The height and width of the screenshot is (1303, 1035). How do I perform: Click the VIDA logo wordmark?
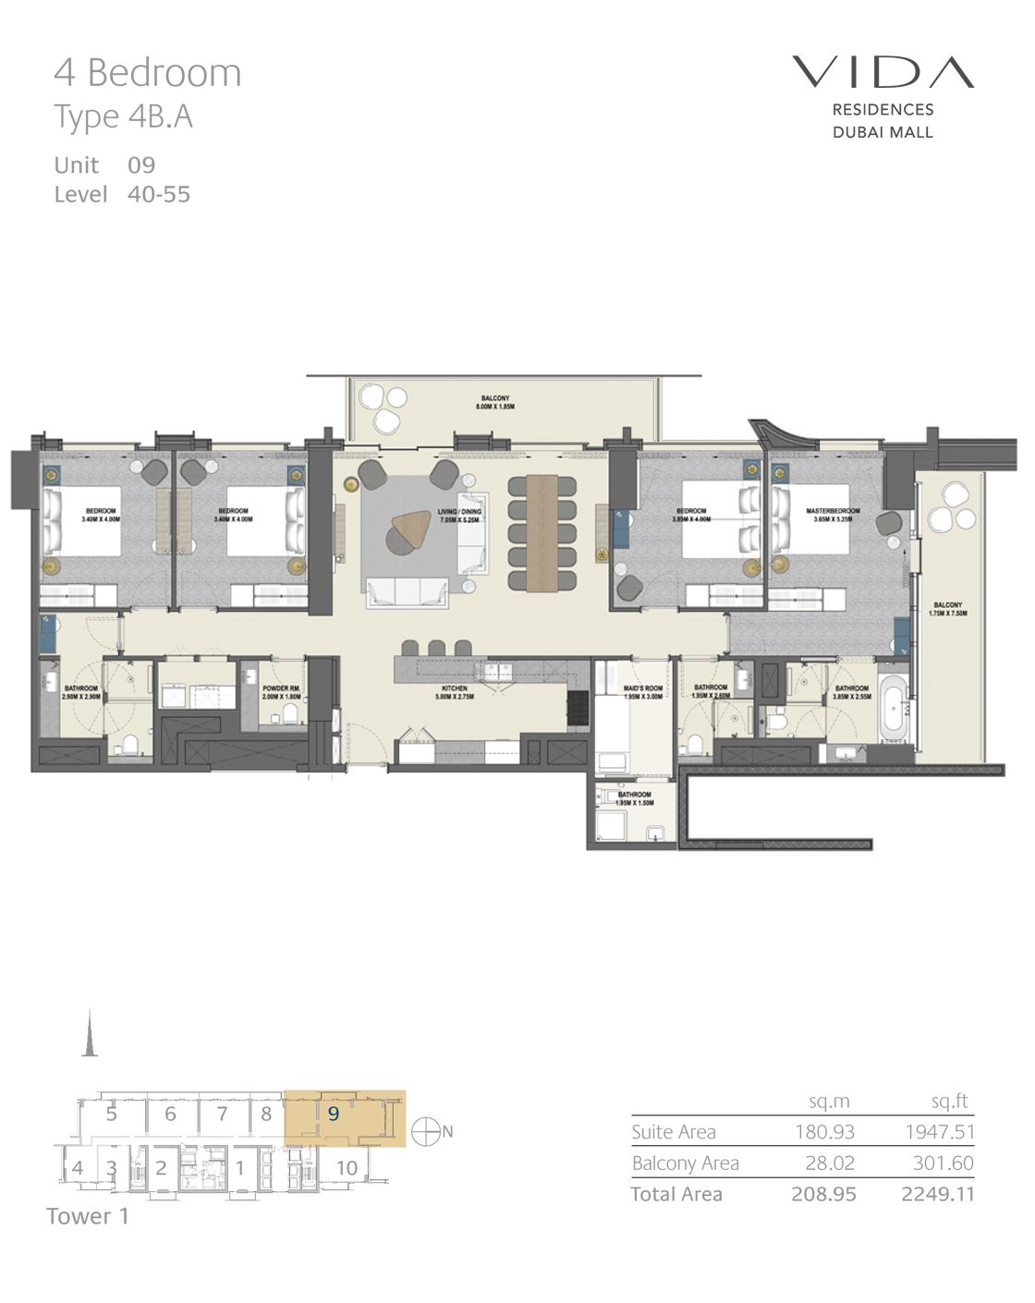(883, 72)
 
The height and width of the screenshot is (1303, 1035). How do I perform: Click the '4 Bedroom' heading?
(148, 73)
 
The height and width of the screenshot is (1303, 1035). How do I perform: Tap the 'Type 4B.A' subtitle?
(123, 117)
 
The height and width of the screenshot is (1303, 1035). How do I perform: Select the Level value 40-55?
(159, 194)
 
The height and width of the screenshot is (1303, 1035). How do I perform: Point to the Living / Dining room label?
(459, 516)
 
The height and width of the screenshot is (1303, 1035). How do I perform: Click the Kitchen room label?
(454, 692)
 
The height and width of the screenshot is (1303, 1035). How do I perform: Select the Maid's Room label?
(643, 692)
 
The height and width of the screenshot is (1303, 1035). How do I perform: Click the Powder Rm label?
(280, 692)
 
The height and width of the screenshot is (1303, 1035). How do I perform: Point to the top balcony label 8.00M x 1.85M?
(494, 402)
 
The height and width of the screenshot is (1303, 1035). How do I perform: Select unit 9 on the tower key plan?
(334, 1114)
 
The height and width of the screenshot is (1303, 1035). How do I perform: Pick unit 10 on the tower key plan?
(347, 1168)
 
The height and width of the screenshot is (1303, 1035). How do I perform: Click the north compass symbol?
(426, 1132)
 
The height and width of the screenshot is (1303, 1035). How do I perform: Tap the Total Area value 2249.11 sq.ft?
(937, 1194)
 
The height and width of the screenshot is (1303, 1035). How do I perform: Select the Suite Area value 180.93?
(824, 1132)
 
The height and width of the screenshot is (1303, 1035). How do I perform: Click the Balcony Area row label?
(685, 1163)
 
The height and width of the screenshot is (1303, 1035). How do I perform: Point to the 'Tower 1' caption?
(88, 1217)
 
